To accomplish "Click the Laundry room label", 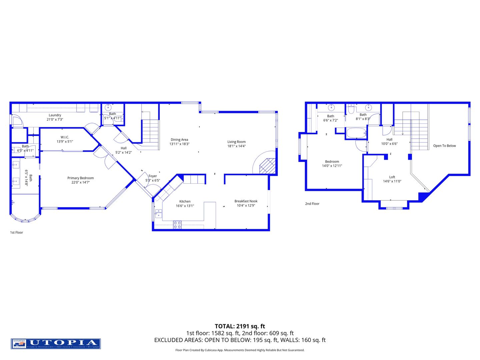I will tap(55, 115).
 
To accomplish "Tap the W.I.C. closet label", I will tap(65, 137).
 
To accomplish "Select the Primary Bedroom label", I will tap(80, 178).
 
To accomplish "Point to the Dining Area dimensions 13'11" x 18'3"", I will tap(179, 144).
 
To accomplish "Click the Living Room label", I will tap(236, 142).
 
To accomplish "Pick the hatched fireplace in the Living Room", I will tap(267, 166).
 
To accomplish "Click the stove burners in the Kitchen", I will tap(177, 225).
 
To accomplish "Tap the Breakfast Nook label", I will tap(246, 201).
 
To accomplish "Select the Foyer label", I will tap(153, 176).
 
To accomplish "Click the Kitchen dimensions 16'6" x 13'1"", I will tap(185, 206).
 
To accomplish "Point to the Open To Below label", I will tap(444, 146).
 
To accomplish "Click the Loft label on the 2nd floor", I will tap(392, 177).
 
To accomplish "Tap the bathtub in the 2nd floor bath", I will tap(356, 133).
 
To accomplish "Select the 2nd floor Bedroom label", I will tap(332, 161).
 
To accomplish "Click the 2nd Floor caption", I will tap(312, 204).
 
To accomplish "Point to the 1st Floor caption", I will tap(16, 232).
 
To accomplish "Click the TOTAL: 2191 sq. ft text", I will tap(240, 326).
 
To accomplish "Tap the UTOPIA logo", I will tap(56, 344).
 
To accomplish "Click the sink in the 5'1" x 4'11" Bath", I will tap(108, 107).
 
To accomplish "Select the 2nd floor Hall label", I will tap(389, 139).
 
